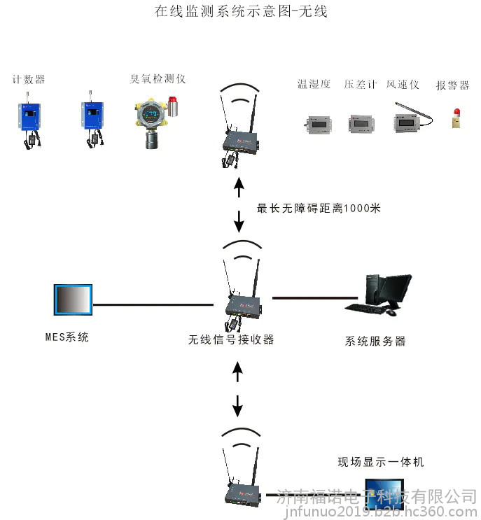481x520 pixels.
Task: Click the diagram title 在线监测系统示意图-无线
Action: pos(241,11)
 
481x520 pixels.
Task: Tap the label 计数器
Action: pos(29,80)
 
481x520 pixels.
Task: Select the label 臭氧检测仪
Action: pos(158,79)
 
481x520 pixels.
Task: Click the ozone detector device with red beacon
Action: pos(156,122)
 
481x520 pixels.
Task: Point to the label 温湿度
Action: pos(314,84)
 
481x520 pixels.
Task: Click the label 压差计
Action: pos(361,84)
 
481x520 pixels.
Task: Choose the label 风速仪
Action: pos(403,84)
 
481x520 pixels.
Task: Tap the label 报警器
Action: pos(452,85)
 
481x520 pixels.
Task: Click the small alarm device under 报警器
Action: pos(456,118)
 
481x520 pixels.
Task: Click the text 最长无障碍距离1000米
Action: pos(319,209)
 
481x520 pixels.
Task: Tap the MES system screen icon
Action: pos(73,300)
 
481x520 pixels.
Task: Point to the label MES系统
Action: pos(67,337)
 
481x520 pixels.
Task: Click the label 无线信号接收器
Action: pos(231,339)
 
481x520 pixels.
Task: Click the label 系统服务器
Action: pos(375,341)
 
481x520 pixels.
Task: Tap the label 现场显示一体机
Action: pos(381,462)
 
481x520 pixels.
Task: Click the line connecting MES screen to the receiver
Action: pos(153,304)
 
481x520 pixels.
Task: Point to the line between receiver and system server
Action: pos(315,298)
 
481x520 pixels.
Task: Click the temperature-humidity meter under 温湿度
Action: pos(318,125)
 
